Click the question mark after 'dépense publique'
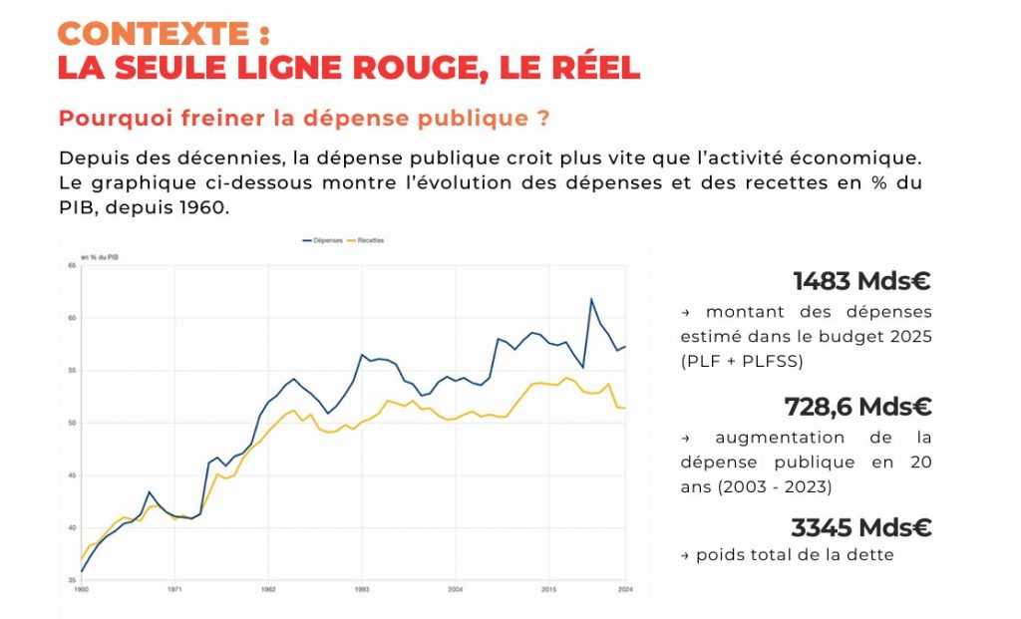[x=543, y=119]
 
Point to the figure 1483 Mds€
[x=862, y=282]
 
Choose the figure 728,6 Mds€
[x=858, y=407]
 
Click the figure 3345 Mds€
[x=860, y=527]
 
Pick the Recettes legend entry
[x=368, y=241]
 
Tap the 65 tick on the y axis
[x=72, y=266]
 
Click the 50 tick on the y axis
[x=72, y=423]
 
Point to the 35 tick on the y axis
[x=72, y=579]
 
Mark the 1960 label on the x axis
[x=82, y=590]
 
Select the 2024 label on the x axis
[x=625, y=590]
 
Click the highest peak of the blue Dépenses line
[x=591, y=299]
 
